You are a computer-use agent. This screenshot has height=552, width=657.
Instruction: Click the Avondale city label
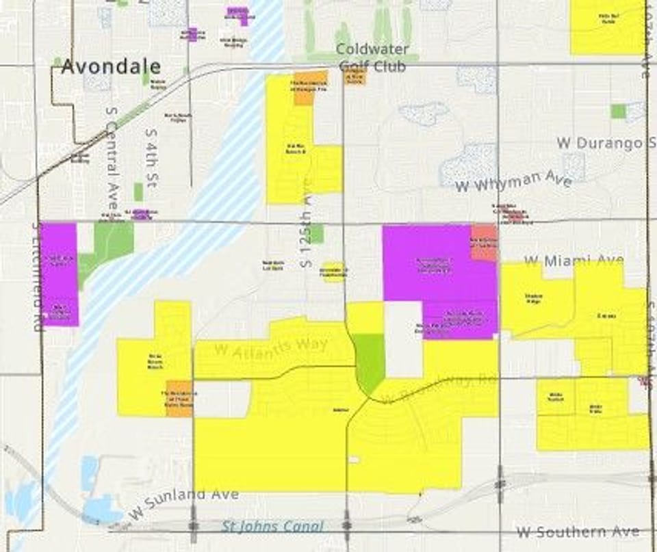tap(112, 66)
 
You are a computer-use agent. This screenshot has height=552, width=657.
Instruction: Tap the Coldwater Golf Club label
tap(372, 57)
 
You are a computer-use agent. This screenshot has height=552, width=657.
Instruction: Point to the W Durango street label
tap(600, 143)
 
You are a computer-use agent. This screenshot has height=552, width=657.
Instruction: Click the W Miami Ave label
tap(574, 261)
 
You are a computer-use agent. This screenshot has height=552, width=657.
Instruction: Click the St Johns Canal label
tap(272, 527)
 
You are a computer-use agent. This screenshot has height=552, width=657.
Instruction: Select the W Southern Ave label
tap(578, 531)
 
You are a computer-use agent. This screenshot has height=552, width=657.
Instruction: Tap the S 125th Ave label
tap(306, 222)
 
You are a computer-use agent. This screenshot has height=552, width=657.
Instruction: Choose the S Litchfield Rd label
tap(37, 276)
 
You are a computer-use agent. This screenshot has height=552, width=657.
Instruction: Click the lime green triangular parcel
tap(369, 361)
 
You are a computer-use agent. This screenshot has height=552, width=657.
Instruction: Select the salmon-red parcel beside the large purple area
tap(483, 241)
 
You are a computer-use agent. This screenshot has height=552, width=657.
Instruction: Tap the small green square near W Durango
tap(618, 111)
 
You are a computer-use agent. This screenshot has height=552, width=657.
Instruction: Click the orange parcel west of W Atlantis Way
tap(179, 398)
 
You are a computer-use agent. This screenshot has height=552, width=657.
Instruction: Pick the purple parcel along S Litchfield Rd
tap(60, 274)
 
